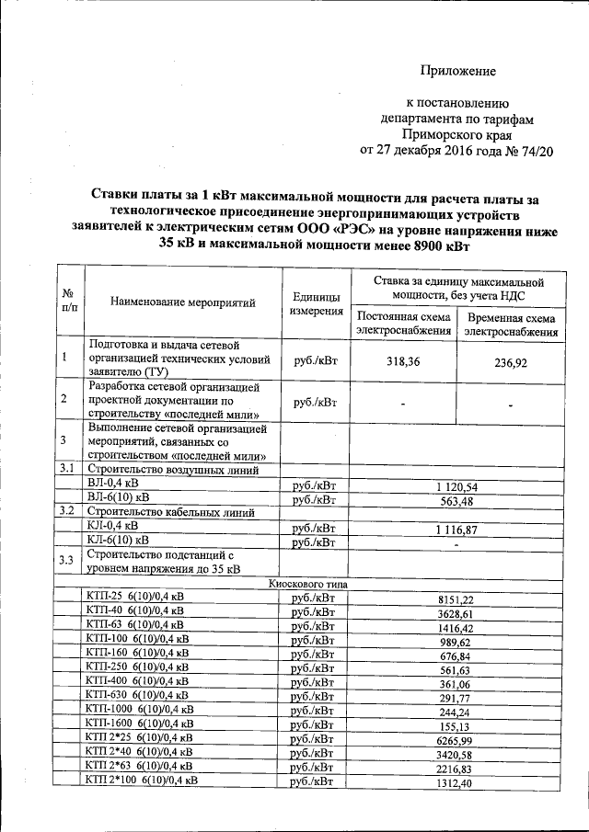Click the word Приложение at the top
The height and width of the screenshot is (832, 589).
458,71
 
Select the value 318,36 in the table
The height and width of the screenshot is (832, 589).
403,362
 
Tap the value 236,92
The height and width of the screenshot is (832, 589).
510,363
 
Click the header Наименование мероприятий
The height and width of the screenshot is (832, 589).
182,302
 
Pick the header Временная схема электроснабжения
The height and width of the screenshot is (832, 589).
512,325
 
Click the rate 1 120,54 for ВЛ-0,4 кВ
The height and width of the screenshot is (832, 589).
456,485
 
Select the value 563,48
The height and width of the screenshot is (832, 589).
456,500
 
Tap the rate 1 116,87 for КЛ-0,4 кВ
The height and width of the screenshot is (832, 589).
456,530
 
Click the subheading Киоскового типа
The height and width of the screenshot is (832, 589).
307,583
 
